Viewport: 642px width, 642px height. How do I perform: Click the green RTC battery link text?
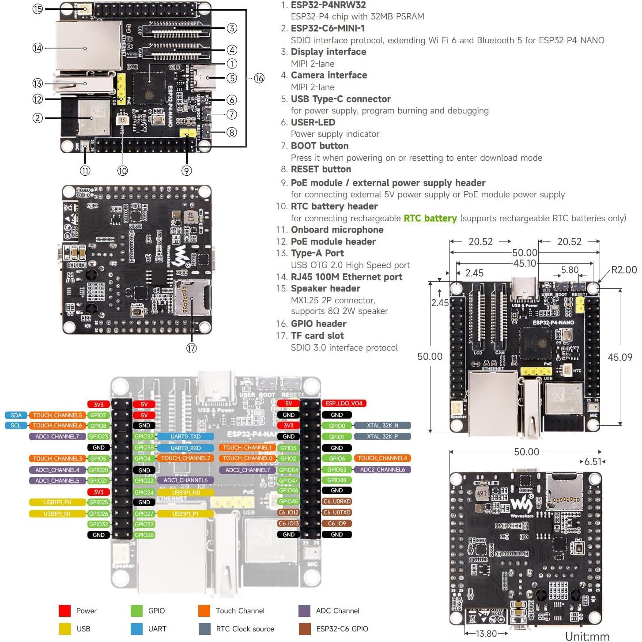(430, 218)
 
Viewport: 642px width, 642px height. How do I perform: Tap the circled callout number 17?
(191, 348)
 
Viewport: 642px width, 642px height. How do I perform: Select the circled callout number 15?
(38, 9)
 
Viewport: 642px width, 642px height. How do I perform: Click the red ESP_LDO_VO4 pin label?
(344, 403)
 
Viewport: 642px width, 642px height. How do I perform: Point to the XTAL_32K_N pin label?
(382, 425)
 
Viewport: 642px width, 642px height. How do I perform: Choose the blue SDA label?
(16, 415)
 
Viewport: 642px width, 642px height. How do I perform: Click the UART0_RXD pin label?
(185, 448)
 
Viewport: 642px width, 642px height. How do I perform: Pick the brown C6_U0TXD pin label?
(336, 512)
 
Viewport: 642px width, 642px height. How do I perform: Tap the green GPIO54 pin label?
(288, 470)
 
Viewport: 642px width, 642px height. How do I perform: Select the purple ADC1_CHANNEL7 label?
(57, 436)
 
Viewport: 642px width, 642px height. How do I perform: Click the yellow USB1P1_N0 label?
(186, 492)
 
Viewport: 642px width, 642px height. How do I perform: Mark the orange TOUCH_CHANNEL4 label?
(382, 458)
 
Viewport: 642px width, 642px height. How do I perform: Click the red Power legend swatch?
(64, 611)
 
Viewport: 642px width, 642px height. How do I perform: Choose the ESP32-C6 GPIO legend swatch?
(305, 629)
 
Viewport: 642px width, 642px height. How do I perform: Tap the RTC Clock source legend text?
(245, 629)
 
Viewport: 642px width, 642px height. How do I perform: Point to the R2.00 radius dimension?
(623, 270)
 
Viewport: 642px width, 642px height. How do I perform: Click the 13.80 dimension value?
(486, 634)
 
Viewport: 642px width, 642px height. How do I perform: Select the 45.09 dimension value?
(620, 357)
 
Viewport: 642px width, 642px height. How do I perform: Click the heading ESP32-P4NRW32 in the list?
(328, 5)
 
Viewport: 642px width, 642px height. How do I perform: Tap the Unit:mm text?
(587, 636)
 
